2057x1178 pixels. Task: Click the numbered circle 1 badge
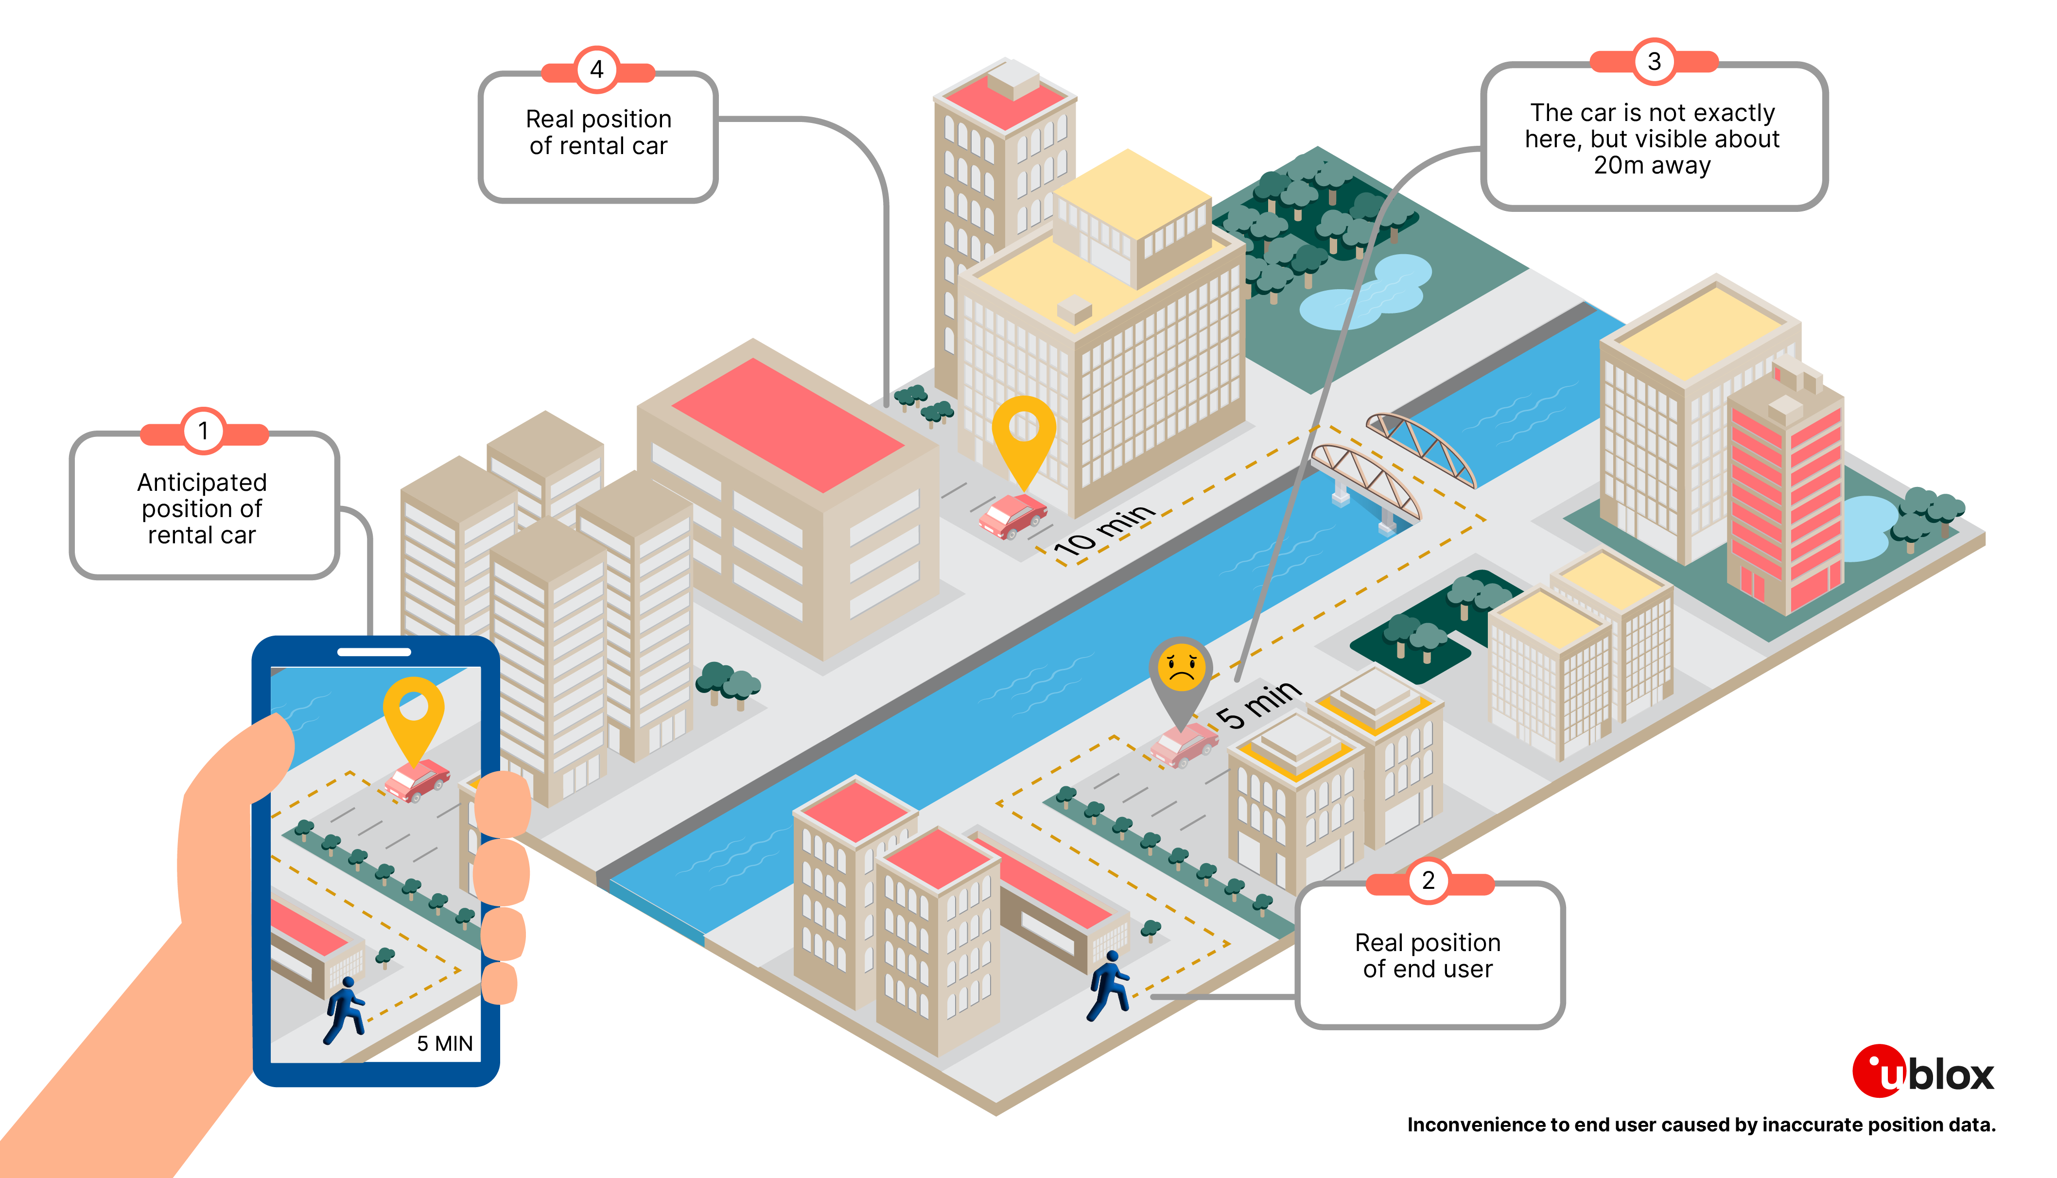(203, 431)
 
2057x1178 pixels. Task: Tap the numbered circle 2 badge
(1428, 880)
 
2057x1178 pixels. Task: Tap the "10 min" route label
(1104, 530)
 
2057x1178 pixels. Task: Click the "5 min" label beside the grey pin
(1258, 704)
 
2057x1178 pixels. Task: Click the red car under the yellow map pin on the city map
(1012, 515)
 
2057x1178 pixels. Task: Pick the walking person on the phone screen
(345, 1010)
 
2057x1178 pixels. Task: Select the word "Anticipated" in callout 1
(202, 482)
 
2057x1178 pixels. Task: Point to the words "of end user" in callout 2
(1428, 969)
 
